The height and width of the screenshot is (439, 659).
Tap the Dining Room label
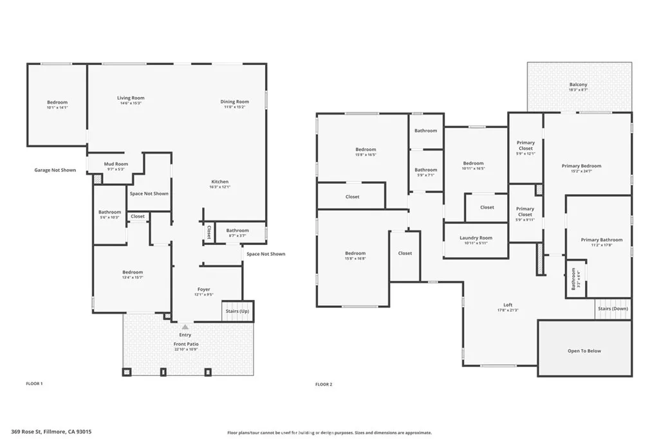234,102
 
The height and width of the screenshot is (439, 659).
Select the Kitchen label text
219,182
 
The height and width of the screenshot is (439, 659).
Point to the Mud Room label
116,164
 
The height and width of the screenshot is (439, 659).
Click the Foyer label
203,289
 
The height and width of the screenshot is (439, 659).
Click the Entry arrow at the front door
185,327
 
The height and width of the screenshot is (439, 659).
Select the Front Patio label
185,345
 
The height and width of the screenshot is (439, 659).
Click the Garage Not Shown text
55,170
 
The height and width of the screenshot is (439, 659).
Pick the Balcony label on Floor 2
578,85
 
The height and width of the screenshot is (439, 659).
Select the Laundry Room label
476,238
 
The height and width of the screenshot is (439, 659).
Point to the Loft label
508,305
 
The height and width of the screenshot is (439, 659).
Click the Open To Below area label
584,351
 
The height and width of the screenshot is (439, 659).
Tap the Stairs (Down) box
613,309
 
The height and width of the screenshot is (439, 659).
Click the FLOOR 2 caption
323,384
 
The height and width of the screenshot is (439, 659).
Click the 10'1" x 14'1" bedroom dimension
57,107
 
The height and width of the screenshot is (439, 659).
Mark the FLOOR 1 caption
34,384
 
